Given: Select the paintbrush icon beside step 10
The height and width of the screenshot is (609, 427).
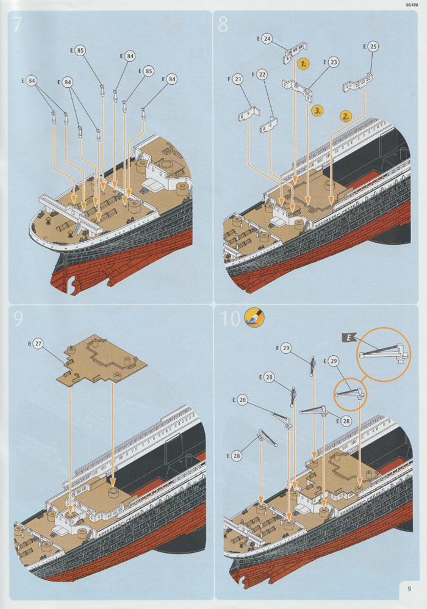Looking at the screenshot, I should (251, 319).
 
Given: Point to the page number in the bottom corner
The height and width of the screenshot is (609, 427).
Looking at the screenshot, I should (407, 589).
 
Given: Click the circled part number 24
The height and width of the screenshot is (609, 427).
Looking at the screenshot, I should (267, 38).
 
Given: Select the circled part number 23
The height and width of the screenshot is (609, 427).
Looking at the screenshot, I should (333, 62).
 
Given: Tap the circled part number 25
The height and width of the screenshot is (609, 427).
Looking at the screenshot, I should (373, 46).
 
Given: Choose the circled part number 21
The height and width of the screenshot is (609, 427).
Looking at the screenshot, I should (238, 79).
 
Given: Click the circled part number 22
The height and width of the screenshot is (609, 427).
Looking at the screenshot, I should (262, 74).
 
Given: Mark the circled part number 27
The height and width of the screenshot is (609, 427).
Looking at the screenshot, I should (38, 344).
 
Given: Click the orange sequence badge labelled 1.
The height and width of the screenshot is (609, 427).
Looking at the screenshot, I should (304, 63).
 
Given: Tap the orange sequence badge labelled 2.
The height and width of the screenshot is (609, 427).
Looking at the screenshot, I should (346, 115).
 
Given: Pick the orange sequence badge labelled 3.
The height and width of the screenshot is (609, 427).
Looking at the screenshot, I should (317, 110).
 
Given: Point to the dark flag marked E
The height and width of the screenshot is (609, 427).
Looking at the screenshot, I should (346, 336).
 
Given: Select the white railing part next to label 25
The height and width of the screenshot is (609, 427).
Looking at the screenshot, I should (357, 82).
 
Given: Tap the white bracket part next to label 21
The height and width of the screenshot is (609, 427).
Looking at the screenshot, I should (247, 115).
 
